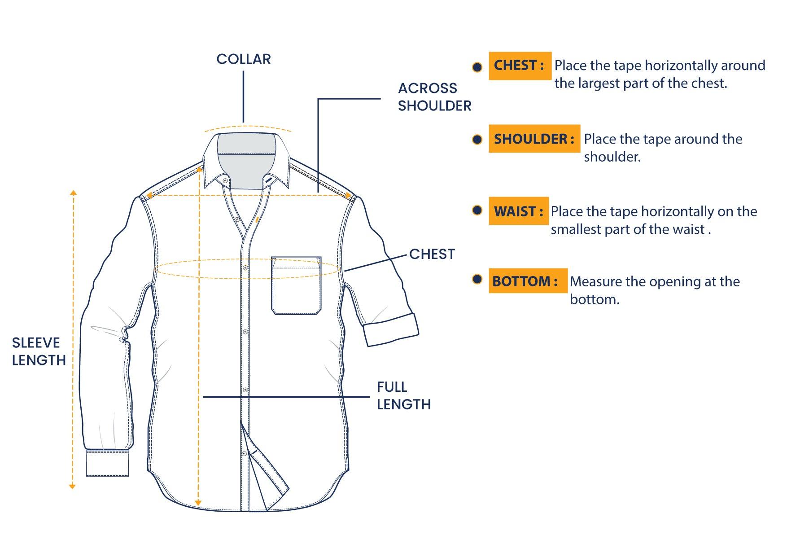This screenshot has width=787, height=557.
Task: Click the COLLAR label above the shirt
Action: [x=243, y=59]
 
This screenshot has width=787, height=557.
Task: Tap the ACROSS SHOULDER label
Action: [x=434, y=97]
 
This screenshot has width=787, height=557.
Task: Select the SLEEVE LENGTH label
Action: [x=39, y=351]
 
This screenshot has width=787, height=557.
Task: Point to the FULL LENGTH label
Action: [x=403, y=395]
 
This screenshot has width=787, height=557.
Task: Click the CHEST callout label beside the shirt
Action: [x=432, y=254]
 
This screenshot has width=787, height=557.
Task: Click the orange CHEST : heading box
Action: [x=520, y=66]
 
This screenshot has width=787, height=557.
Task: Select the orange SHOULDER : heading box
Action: [x=534, y=139]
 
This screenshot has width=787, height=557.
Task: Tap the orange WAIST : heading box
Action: [x=518, y=211]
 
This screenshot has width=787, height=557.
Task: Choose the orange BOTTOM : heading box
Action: [x=527, y=281]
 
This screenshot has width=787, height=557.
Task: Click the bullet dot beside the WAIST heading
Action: [x=477, y=210]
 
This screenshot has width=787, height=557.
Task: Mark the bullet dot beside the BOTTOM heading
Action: [x=477, y=280]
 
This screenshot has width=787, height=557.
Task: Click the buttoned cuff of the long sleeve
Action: [x=108, y=463]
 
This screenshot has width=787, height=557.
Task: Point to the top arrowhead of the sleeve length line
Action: [x=73, y=193]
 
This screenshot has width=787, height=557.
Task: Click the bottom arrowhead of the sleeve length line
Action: [x=72, y=487]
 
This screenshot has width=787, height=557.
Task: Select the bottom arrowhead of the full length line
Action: [x=198, y=503]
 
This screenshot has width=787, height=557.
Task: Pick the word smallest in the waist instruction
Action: [x=576, y=230]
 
